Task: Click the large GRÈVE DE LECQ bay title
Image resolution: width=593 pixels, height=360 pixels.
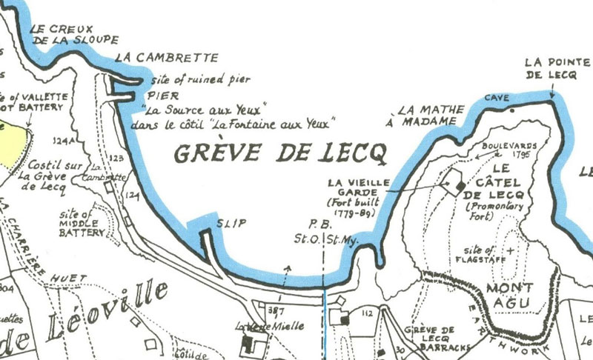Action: pyautogui.click(x=280, y=153)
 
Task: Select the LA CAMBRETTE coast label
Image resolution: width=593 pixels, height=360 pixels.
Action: pyautogui.click(x=167, y=58)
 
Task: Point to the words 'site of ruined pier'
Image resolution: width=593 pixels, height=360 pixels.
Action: pyautogui.click(x=200, y=79)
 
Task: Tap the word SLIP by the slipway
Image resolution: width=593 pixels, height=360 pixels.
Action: pyautogui.click(x=231, y=222)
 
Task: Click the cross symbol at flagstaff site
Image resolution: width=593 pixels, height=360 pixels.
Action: pyautogui.click(x=510, y=250)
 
